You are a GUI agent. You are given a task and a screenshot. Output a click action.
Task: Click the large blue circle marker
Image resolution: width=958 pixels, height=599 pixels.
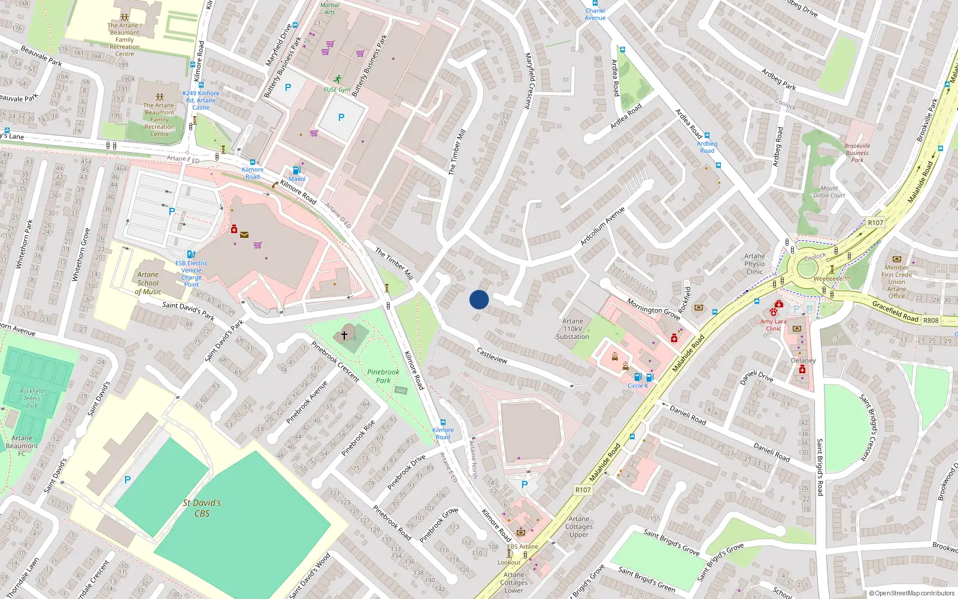pyautogui.click(x=479, y=299)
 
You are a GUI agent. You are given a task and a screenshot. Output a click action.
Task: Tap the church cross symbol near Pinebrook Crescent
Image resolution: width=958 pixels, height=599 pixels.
pyautogui.click(x=344, y=335)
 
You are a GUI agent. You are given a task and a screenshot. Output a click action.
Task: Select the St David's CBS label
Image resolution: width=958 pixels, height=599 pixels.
pyautogui.click(x=202, y=508)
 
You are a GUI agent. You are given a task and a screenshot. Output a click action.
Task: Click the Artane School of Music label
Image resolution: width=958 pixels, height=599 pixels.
pyautogui.click(x=148, y=283)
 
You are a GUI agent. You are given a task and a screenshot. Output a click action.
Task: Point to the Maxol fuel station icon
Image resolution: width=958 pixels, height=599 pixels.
pyautogui.click(x=296, y=170)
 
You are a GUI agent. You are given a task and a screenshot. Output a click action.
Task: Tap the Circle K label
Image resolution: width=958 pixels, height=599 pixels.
pyautogui.click(x=638, y=386)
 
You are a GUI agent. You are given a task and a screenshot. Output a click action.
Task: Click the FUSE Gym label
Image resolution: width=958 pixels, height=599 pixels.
pyautogui.click(x=337, y=90)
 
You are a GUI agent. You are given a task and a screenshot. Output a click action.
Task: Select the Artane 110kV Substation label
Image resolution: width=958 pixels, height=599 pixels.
pyautogui.click(x=572, y=329)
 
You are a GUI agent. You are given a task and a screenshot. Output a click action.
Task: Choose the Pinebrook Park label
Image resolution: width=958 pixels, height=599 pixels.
pyautogui.click(x=383, y=376)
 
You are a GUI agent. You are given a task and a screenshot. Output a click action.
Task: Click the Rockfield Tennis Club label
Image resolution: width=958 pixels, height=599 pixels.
pyautogui.click(x=32, y=398)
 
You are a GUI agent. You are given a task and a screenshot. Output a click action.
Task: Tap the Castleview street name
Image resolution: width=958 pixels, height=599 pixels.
pyautogui.click(x=492, y=355)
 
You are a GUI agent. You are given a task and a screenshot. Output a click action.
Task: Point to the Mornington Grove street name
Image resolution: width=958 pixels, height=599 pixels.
pyautogui.click(x=653, y=309)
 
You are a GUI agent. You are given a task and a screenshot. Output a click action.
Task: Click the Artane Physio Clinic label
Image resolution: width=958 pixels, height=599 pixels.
pyautogui.click(x=754, y=264)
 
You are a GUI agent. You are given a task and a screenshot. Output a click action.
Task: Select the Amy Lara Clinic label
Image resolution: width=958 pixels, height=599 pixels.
pyautogui.click(x=774, y=325)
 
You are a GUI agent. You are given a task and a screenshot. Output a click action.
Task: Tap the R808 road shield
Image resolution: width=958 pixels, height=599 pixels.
pyautogui.click(x=931, y=320)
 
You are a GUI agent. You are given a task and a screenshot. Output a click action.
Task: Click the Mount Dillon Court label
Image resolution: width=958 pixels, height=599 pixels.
pyautogui.click(x=829, y=192)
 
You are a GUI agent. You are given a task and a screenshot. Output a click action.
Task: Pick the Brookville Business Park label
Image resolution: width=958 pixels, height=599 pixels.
pyautogui.click(x=857, y=153)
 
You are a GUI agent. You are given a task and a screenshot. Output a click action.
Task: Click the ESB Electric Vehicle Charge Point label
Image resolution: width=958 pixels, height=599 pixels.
pyautogui.click(x=192, y=274)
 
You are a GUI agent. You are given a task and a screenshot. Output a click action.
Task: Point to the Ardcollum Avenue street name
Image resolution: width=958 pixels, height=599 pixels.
pyautogui.click(x=602, y=226)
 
